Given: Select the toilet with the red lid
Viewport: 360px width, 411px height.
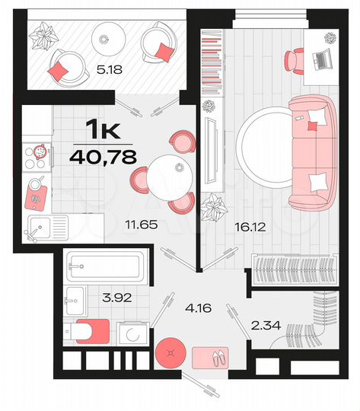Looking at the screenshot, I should tap(88, 332).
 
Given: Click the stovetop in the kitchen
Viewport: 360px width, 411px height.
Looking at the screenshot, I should tap(36, 157).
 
